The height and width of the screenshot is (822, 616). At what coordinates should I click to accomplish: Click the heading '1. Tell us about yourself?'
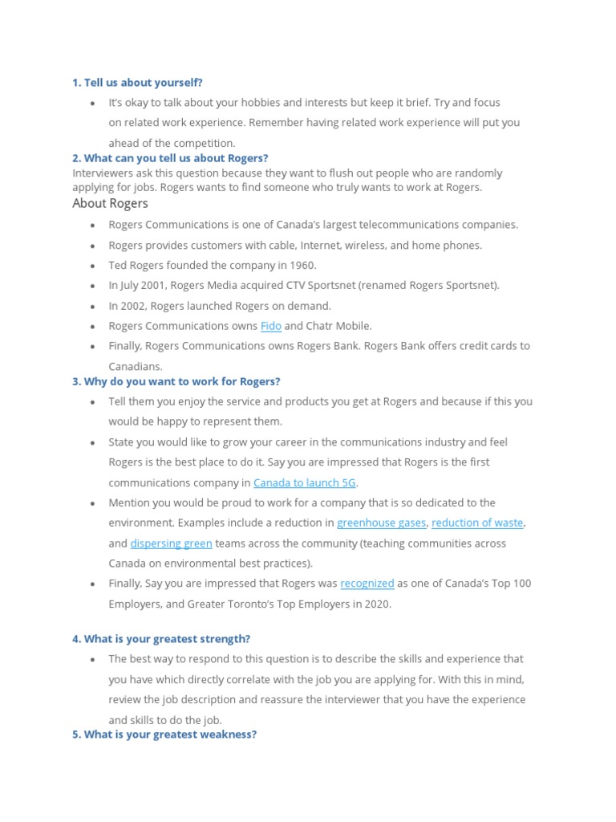pyautogui.click(x=137, y=83)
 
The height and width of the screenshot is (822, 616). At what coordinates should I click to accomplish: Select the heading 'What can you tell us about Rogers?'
pyautogui.click(x=170, y=158)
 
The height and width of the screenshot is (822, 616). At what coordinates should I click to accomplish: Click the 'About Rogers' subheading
pyautogui.click(x=110, y=204)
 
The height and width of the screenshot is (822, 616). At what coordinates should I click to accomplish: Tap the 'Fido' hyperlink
pyautogui.click(x=270, y=326)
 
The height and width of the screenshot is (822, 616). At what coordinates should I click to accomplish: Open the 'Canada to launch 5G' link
pyautogui.click(x=305, y=482)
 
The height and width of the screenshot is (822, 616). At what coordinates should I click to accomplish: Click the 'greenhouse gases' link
pyautogui.click(x=381, y=523)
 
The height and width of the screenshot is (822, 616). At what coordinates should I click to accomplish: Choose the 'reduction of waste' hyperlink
pyautogui.click(x=477, y=523)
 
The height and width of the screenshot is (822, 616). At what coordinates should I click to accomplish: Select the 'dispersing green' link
pyautogui.click(x=171, y=543)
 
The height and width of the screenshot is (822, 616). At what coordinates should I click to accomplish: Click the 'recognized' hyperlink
pyautogui.click(x=367, y=584)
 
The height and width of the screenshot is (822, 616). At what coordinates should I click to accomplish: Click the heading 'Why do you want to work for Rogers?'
pyautogui.click(x=176, y=381)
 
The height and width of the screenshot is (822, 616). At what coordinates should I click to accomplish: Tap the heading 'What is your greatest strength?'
pyautogui.click(x=161, y=639)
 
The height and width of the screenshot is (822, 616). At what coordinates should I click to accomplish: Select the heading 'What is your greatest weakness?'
pyautogui.click(x=164, y=735)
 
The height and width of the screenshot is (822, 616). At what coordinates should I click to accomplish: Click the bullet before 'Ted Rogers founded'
pyautogui.click(x=93, y=266)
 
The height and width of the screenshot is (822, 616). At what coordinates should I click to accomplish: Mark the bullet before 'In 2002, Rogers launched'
pyautogui.click(x=93, y=307)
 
